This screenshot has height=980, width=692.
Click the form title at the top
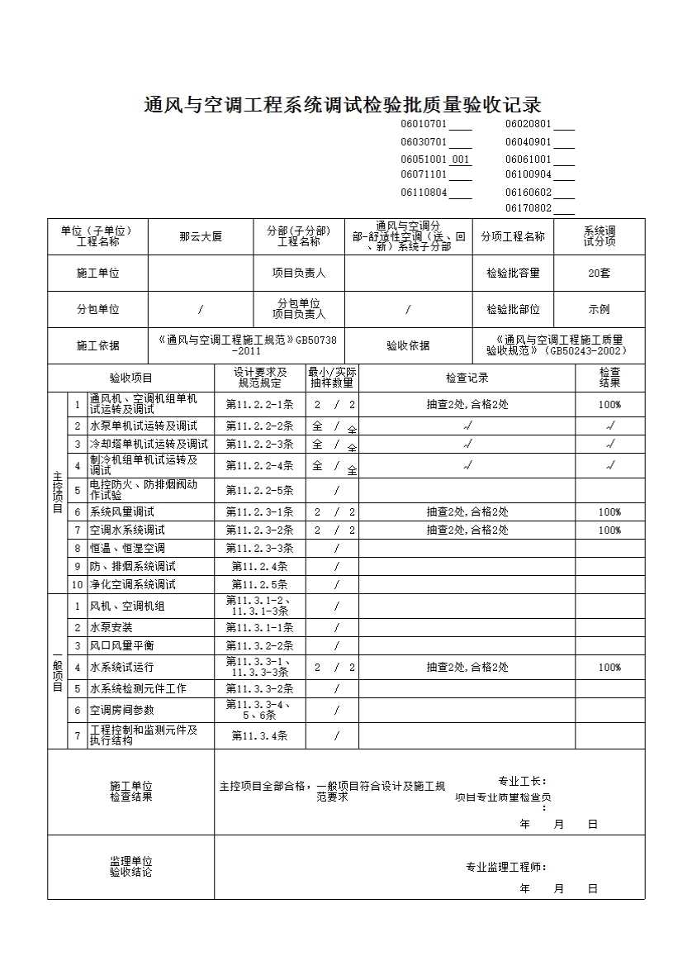(343, 105)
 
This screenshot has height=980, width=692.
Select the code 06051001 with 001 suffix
(435, 159)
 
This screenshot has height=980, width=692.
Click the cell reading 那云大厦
(201, 236)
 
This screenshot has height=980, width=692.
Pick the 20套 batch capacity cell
(599, 274)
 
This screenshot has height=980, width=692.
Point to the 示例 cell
(599, 310)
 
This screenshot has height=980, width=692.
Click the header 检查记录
(467, 378)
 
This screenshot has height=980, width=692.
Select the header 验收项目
(130, 378)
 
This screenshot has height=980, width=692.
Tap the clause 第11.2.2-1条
(259, 405)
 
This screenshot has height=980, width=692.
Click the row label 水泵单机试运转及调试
(144, 426)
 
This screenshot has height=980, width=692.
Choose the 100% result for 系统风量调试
(609, 512)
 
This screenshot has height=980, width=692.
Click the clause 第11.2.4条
(259, 567)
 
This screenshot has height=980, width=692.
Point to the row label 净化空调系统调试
(132, 585)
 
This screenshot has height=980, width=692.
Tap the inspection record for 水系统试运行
(467, 668)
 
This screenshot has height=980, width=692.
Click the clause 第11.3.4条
(259, 736)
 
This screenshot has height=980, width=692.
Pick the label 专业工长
(521, 782)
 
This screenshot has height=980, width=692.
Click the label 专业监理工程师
(505, 868)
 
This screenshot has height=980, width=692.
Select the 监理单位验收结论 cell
(130, 867)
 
